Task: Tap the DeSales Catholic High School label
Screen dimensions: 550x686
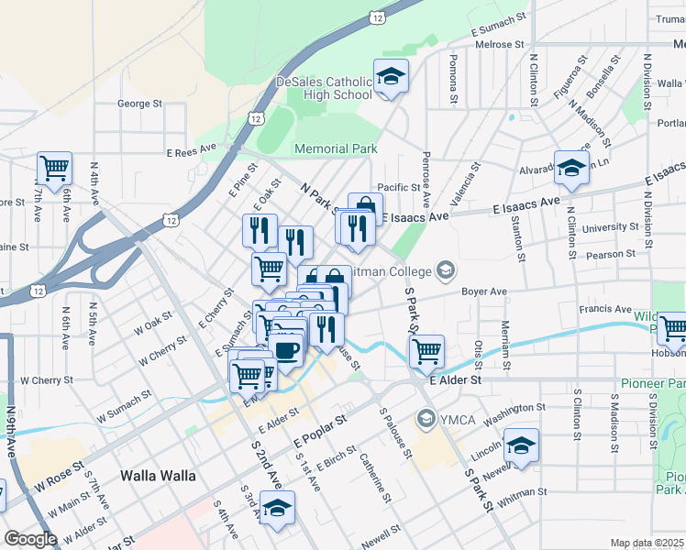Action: click(324, 88)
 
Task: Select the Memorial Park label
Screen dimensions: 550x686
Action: click(335, 148)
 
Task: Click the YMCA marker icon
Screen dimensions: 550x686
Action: click(426, 421)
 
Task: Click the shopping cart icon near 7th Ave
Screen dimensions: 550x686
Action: click(54, 168)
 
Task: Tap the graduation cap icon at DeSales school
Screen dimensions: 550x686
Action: click(391, 76)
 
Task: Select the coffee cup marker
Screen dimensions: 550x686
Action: click(287, 349)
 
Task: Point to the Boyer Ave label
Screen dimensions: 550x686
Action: click(484, 291)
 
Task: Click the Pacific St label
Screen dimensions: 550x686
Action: click(397, 187)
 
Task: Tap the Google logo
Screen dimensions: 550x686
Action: click(29, 539)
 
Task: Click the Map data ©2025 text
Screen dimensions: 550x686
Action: click(647, 543)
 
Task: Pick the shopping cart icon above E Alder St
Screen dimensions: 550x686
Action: click(426, 350)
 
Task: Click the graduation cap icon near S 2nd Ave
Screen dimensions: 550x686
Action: click(276, 508)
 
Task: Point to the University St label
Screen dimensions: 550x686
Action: click(610, 227)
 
